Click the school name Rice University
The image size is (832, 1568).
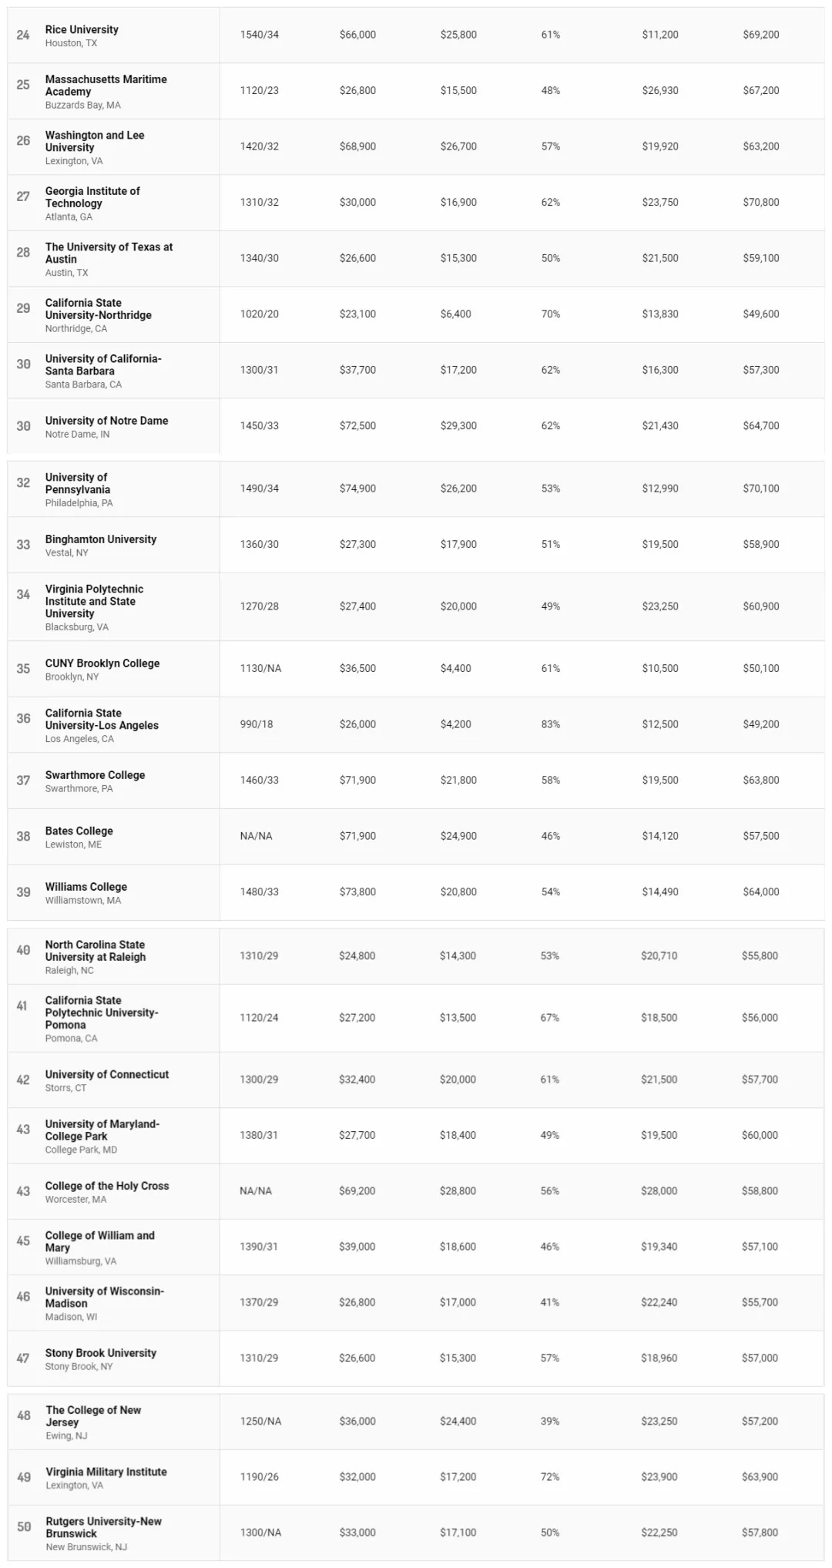82,29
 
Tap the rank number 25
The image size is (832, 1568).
23,85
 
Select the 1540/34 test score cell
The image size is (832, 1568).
259,35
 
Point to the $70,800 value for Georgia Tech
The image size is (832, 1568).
760,202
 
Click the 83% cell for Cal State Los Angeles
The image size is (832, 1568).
550,724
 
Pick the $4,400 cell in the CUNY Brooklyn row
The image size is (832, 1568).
455,668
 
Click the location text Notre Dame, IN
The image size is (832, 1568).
77,435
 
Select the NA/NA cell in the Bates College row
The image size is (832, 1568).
256,836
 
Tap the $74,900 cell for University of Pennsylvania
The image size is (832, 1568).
357,489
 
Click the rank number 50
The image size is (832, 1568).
24,1526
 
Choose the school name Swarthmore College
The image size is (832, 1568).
95,775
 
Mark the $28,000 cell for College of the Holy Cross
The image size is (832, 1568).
659,1190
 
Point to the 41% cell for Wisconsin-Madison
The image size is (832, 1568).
549,1302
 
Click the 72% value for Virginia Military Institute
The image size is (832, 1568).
549,1476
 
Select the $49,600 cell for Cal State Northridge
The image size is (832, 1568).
760,314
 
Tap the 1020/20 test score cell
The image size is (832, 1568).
259,314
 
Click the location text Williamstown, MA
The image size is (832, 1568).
82,900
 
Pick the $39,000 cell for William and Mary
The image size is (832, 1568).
357,1246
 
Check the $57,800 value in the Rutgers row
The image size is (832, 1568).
760,1533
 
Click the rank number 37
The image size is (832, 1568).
23,781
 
